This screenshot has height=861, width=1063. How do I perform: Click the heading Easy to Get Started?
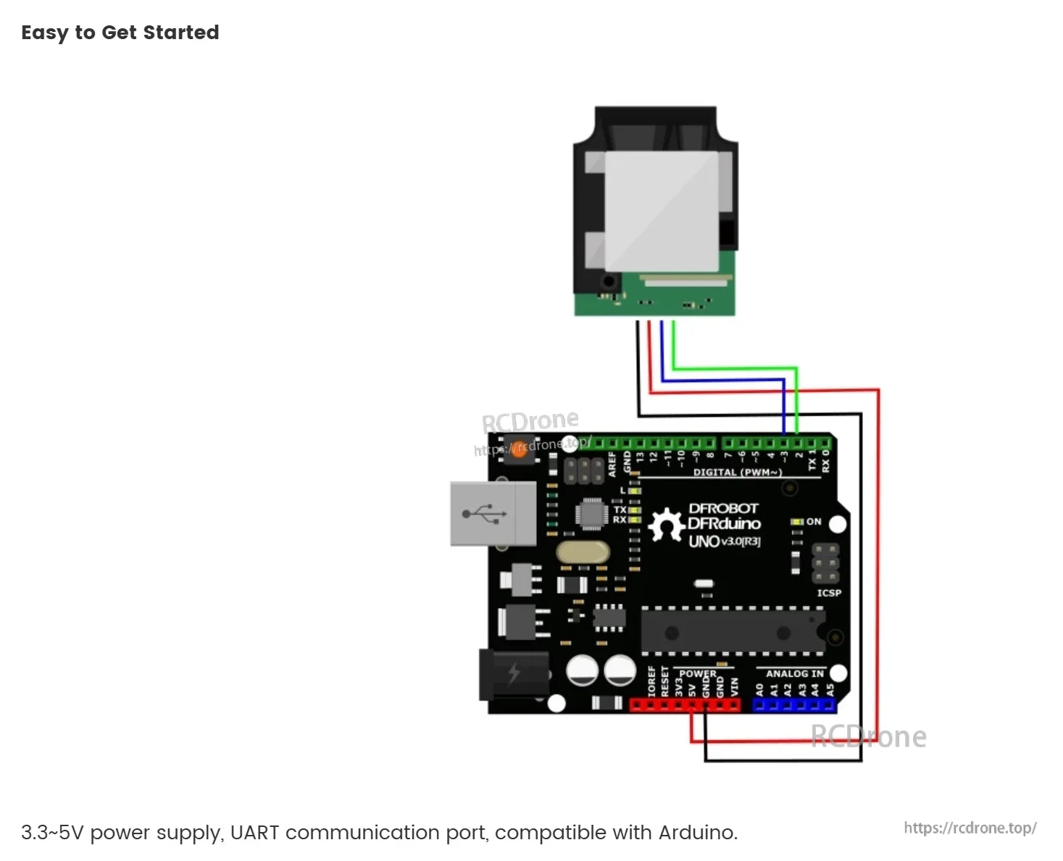tap(120, 33)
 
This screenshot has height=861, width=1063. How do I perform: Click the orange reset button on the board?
tap(520, 449)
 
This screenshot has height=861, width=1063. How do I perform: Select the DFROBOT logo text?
tap(722, 509)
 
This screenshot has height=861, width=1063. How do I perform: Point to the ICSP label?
tap(829, 593)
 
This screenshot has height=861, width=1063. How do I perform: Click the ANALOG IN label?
tap(794, 673)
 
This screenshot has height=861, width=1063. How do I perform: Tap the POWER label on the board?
tap(697, 673)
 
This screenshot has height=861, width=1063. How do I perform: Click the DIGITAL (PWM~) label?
tap(737, 473)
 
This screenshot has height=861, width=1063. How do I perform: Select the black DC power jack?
tap(514, 674)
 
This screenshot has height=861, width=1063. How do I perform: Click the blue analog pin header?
tap(794, 704)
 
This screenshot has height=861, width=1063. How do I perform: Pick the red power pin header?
tap(685, 704)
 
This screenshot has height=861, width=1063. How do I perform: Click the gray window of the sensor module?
tap(660, 210)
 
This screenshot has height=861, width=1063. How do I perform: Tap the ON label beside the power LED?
tap(814, 522)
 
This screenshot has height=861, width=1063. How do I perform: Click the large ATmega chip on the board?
tap(732, 631)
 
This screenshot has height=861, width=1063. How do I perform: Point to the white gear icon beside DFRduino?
tap(665, 525)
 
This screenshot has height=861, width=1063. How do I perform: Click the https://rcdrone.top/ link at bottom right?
tap(970, 828)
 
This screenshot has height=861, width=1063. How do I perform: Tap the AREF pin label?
tap(612, 464)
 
